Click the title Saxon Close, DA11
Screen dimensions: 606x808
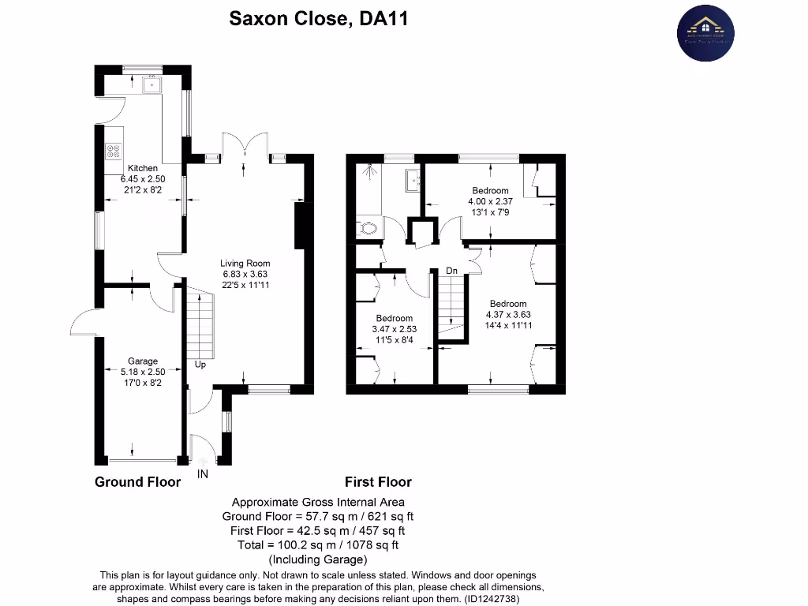tap(318, 18)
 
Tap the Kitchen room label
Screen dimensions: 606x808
tap(143, 168)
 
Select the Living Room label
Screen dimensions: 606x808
tap(245, 264)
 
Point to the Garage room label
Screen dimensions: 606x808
tap(143, 361)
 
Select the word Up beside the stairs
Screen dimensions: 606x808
tap(201, 365)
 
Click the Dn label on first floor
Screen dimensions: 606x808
tap(452, 271)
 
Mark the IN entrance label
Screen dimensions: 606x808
tap(203, 474)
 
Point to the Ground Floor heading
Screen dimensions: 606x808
tap(137, 482)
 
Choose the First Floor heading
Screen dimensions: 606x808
tap(378, 482)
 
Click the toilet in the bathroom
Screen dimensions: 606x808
tap(367, 229)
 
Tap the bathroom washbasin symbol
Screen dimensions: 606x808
tap(413, 180)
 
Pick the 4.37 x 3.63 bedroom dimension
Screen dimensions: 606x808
tap(507, 315)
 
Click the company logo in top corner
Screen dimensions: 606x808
tap(705, 33)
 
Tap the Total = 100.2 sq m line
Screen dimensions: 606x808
tap(318, 545)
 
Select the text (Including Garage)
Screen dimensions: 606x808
tap(318, 559)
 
